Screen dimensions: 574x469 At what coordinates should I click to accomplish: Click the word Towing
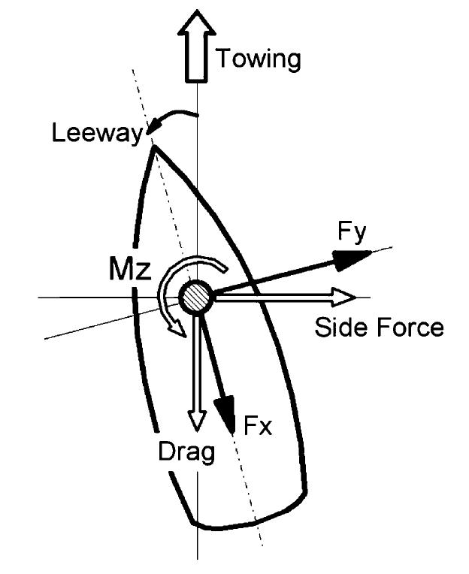pos(258,58)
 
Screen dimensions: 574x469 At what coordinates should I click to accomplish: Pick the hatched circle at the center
pos(198,295)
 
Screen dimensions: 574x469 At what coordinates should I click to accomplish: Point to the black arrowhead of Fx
pos(225,409)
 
